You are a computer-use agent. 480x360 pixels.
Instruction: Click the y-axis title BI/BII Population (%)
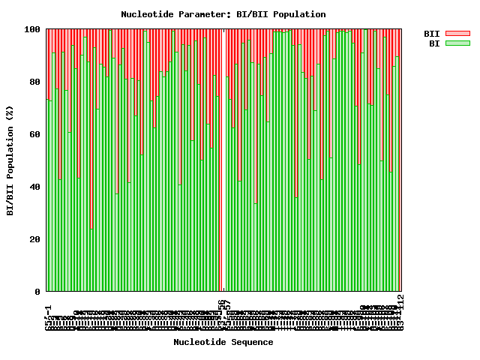10,160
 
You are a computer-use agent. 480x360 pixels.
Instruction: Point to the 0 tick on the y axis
37,292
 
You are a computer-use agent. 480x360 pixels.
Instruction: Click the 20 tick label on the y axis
35,239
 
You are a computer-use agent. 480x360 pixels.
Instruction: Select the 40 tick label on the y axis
35,187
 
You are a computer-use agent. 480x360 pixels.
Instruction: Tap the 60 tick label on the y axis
35,134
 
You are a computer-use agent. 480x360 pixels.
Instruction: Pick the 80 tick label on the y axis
35,82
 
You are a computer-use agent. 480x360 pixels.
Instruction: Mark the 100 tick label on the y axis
33,29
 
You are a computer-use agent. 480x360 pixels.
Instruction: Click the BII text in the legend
432,34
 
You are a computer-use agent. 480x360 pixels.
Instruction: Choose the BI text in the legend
434,43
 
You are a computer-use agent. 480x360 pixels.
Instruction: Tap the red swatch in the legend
457,34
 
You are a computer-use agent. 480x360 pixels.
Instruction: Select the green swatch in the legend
457,43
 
